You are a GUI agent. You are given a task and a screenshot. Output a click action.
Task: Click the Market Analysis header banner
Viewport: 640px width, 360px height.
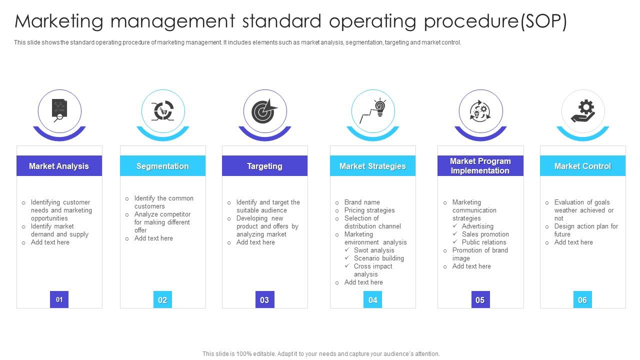click(x=59, y=165)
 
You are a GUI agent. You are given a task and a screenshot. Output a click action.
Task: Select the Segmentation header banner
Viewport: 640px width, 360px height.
click(x=162, y=165)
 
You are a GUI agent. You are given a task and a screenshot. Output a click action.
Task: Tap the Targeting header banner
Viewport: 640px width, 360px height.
click(x=264, y=165)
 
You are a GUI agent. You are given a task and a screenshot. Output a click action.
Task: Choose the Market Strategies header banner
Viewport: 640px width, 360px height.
click(x=372, y=165)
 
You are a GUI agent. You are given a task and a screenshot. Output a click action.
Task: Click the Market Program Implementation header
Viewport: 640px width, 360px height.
click(x=480, y=165)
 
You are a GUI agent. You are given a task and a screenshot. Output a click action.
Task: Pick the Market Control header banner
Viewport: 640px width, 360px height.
click(x=582, y=165)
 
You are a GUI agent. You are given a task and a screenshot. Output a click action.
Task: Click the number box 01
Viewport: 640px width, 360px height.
click(x=59, y=299)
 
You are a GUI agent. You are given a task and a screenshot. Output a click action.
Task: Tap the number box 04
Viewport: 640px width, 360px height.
click(x=372, y=299)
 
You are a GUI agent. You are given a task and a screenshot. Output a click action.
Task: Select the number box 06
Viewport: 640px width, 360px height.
click(x=582, y=299)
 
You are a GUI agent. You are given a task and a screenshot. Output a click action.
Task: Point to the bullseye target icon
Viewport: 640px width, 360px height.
click(x=264, y=111)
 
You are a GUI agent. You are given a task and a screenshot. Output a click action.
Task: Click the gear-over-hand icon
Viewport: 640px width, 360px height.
click(x=583, y=111)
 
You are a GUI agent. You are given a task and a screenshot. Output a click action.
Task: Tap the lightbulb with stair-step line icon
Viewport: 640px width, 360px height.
click(x=372, y=110)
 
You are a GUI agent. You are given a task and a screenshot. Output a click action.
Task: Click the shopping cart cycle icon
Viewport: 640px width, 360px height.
click(x=163, y=111)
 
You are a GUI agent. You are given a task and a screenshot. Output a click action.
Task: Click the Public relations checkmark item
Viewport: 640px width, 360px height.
click(x=479, y=242)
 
